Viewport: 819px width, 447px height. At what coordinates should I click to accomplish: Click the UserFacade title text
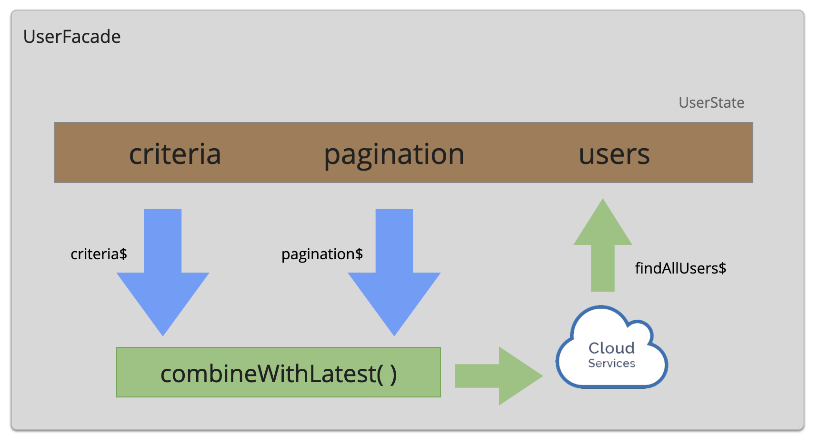tap(72, 37)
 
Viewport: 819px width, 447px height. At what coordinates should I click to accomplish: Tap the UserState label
tap(711, 102)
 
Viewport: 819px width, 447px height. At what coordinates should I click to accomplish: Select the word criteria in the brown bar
tap(175, 154)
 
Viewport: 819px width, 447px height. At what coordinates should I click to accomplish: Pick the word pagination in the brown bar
tap(394, 154)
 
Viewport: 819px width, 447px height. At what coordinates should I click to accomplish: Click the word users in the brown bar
tap(614, 154)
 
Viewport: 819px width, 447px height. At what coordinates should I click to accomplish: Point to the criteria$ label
tap(99, 254)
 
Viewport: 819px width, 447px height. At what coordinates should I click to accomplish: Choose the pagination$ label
tap(322, 254)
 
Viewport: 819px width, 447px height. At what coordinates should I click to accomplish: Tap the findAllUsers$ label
tap(680, 268)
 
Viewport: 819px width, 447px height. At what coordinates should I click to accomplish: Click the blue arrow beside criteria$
tap(163, 267)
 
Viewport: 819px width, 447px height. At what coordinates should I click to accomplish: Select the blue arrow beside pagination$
tap(394, 267)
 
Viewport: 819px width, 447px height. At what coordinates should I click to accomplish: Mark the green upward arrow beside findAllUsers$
tap(603, 248)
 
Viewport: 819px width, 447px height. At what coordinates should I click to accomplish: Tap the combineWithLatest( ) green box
tap(279, 372)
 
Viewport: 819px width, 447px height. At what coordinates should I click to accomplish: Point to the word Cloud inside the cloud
tap(611, 348)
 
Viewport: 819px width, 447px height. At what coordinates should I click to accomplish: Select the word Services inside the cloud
tap(611, 364)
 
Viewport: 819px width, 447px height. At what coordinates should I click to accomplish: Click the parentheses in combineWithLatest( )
tap(387, 374)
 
